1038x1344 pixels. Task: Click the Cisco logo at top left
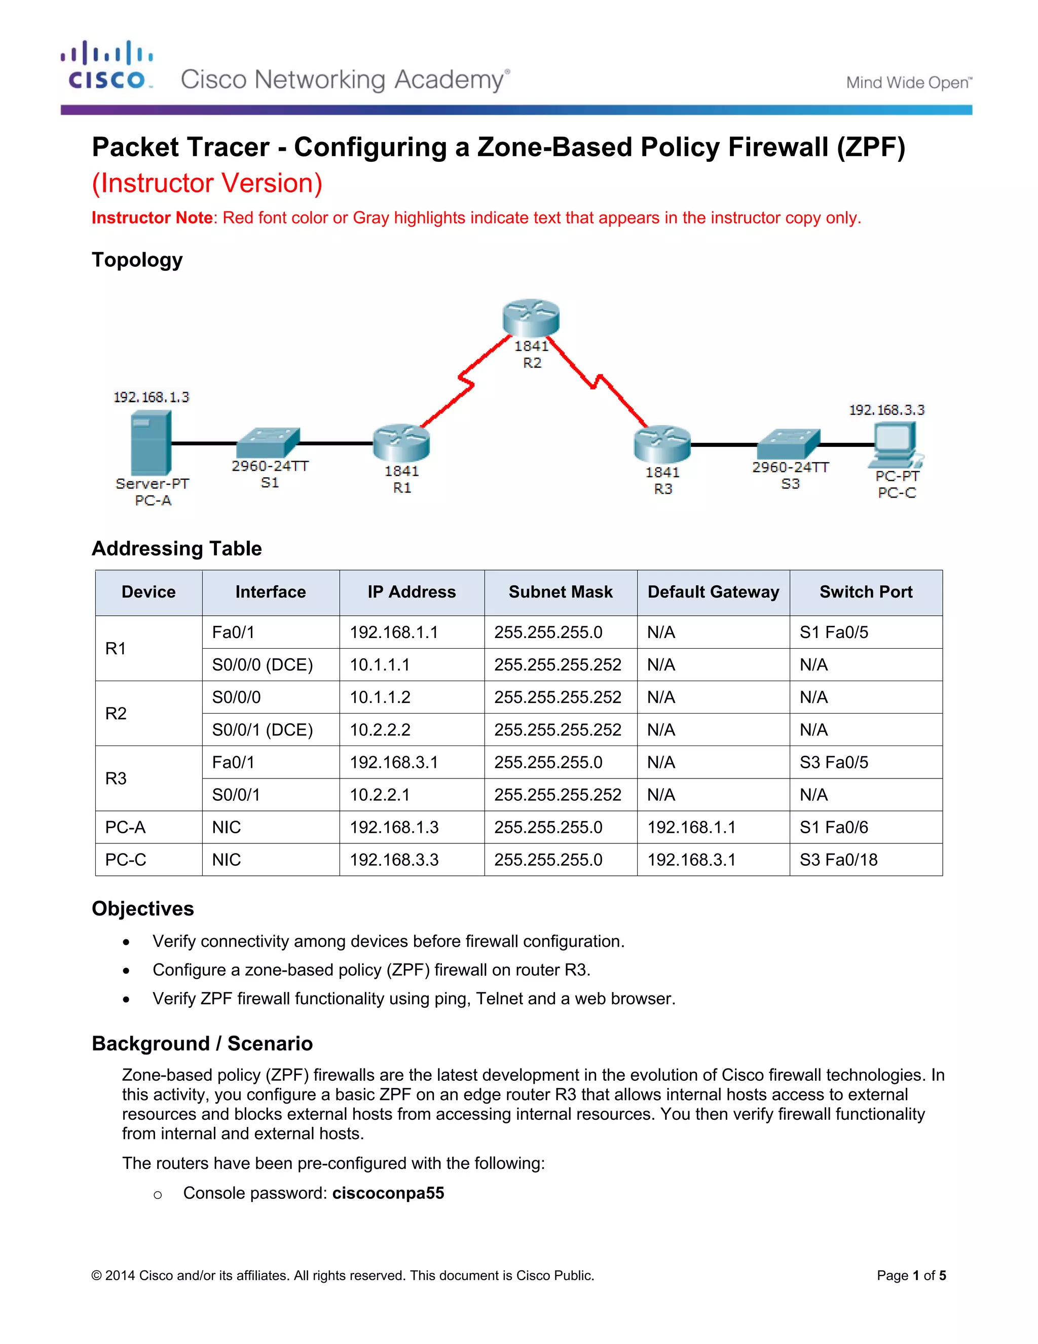(107, 65)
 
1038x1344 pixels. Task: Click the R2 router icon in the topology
(531, 317)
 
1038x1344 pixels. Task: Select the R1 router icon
(401, 442)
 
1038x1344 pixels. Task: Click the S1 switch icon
(269, 442)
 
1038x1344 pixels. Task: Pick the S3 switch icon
(789, 444)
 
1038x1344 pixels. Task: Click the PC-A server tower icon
(151, 443)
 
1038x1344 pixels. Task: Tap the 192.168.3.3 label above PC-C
(886, 410)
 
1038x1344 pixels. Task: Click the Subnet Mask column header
(560, 592)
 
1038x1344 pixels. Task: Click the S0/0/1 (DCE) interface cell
(263, 730)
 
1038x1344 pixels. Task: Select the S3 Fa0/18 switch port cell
(838, 860)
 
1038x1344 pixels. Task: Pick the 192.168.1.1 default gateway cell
(691, 827)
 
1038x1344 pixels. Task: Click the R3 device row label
(116, 779)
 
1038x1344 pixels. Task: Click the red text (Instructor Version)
(207, 184)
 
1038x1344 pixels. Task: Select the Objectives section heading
(142, 908)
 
